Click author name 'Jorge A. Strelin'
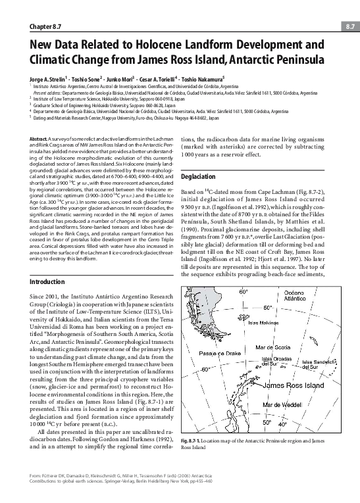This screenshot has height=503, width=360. pos(49,76)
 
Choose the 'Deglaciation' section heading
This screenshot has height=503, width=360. pos(198,176)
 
